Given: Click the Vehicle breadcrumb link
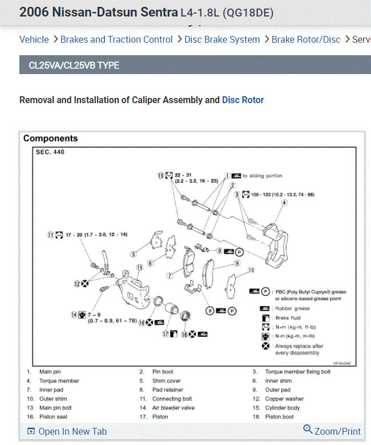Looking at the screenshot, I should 34,39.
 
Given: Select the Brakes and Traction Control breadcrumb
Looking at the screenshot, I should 116,39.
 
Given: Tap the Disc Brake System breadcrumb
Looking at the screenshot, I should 222,39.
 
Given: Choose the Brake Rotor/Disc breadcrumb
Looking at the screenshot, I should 305,39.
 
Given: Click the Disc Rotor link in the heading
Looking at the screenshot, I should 243,100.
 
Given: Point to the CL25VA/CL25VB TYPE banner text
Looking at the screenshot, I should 74,66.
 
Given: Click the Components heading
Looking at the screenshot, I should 50,138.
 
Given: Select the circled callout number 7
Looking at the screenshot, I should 170,275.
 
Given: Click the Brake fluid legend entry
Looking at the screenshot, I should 288,318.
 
